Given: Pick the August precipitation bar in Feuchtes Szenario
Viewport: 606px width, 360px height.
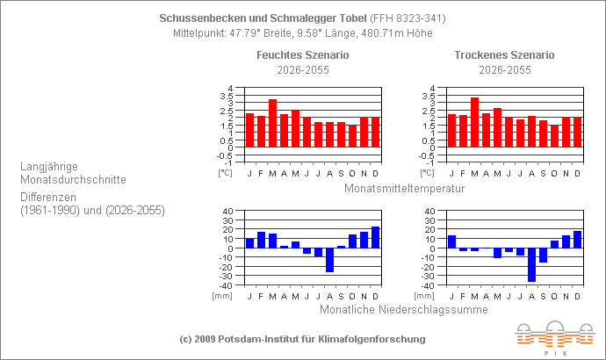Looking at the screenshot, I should (x=329, y=260).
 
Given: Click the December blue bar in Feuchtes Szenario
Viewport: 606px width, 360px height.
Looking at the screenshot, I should (x=375, y=237).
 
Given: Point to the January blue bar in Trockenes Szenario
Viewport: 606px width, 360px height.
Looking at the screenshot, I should (x=451, y=241).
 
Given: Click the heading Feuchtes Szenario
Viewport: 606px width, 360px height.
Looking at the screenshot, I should (x=302, y=55).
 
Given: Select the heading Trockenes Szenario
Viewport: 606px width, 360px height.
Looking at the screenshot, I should (x=504, y=55).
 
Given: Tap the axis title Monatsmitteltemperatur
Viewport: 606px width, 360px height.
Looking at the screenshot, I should (x=404, y=188).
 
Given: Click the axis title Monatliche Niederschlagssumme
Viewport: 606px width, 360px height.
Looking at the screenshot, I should (x=404, y=309).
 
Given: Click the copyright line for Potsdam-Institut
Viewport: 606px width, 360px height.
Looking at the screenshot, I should (x=302, y=338).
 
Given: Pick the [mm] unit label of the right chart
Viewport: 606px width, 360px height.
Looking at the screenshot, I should (x=424, y=296).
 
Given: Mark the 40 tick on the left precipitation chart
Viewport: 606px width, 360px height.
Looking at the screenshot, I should (x=227, y=211).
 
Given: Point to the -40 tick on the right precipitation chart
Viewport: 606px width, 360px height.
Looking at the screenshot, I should (x=427, y=285).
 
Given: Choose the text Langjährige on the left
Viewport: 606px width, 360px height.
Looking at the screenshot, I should (x=51, y=164).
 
